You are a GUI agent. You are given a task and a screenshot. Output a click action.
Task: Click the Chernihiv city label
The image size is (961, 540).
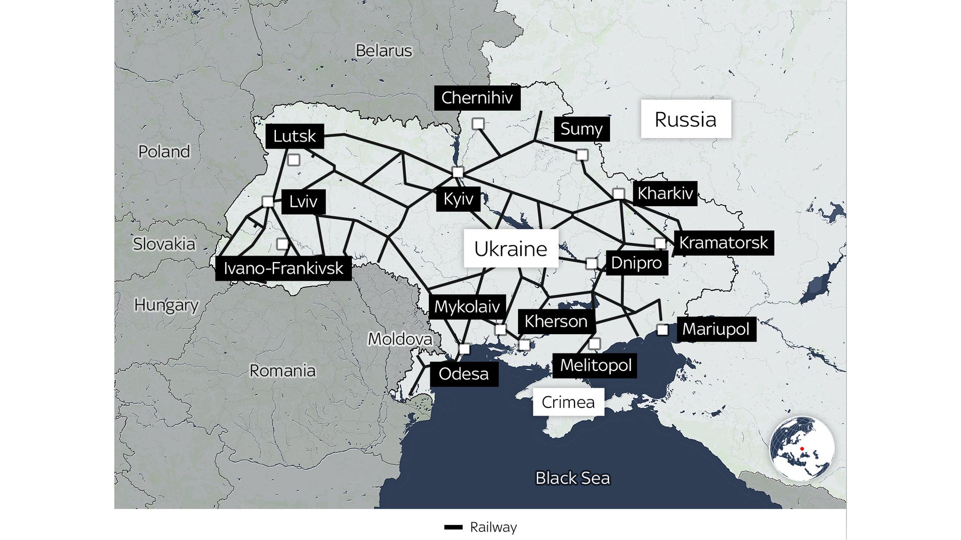pos(477,98)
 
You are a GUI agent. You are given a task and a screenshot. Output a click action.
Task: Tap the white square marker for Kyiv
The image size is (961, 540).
pos(458,172)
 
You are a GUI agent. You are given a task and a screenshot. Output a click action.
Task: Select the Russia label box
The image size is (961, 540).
pos(686,119)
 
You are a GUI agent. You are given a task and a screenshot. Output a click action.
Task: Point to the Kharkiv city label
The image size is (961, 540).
pos(665,193)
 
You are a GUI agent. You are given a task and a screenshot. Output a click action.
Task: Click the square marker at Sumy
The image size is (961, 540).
pos(582,155)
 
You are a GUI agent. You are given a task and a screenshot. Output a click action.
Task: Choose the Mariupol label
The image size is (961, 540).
pos(716,329)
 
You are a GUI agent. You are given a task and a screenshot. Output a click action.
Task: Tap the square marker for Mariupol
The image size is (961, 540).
pos(663,330)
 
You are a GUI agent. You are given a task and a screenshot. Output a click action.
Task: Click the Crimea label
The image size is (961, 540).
pos(568,402)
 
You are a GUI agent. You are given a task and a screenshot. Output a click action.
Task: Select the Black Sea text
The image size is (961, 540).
pos(572,478)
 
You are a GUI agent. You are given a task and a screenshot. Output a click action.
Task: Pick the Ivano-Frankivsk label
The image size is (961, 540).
pos(283,268)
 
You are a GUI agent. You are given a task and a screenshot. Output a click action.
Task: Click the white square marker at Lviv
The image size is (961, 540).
pos(267,202)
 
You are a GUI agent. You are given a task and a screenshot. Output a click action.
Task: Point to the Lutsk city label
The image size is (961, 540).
pos(295,136)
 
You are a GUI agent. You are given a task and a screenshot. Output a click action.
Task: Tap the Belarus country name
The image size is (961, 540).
pos(384,51)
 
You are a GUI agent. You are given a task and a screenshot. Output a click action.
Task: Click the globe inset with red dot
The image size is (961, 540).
pos(801,449)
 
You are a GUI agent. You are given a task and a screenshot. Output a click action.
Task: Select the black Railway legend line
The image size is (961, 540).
pos(453,527)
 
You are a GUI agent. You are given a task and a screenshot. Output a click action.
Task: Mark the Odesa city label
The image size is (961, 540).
pos(464,374)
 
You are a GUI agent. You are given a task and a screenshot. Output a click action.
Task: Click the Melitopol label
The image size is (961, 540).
pos(595,365)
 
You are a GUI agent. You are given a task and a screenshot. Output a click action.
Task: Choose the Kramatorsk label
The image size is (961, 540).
pos(724,243)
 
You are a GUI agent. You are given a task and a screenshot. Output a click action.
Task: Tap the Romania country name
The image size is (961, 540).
pos(282,371)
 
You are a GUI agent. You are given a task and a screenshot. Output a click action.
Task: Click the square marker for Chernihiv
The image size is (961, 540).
pos(478,124)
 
